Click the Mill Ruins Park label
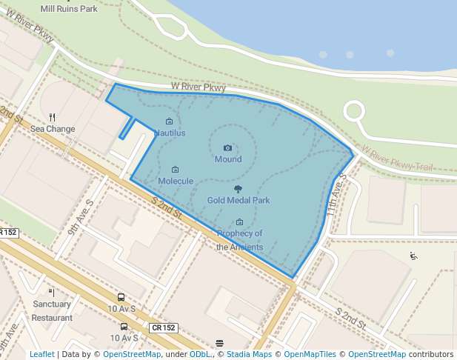click(69, 10)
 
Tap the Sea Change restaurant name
click(53, 129)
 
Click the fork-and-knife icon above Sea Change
click(52, 117)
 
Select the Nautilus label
click(170, 133)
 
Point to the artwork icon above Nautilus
click(169, 121)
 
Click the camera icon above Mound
click(227, 148)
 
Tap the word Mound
click(228, 159)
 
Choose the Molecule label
click(176, 181)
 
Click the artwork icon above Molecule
click(175, 170)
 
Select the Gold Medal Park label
click(238, 200)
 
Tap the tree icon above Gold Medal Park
click(238, 189)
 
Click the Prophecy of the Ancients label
click(239, 240)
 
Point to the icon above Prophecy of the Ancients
click(239, 222)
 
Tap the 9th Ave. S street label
click(80, 217)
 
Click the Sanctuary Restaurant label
click(52, 310)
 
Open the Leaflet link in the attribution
click(41, 355)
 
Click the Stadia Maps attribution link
click(249, 355)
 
